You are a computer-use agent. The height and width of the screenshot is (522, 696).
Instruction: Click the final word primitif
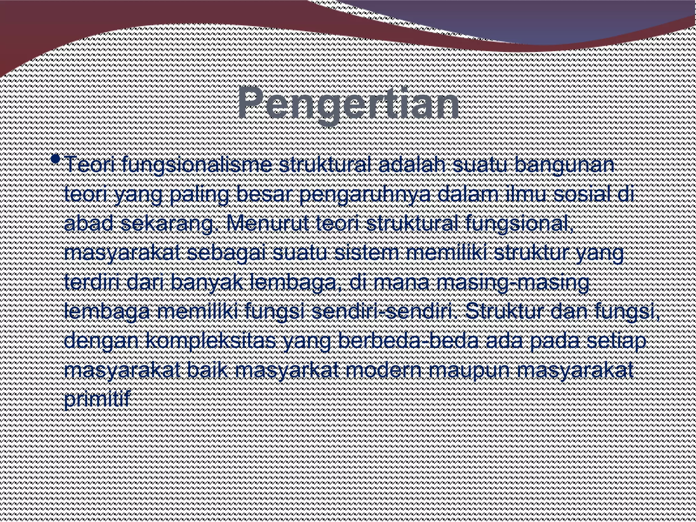point(97,399)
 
